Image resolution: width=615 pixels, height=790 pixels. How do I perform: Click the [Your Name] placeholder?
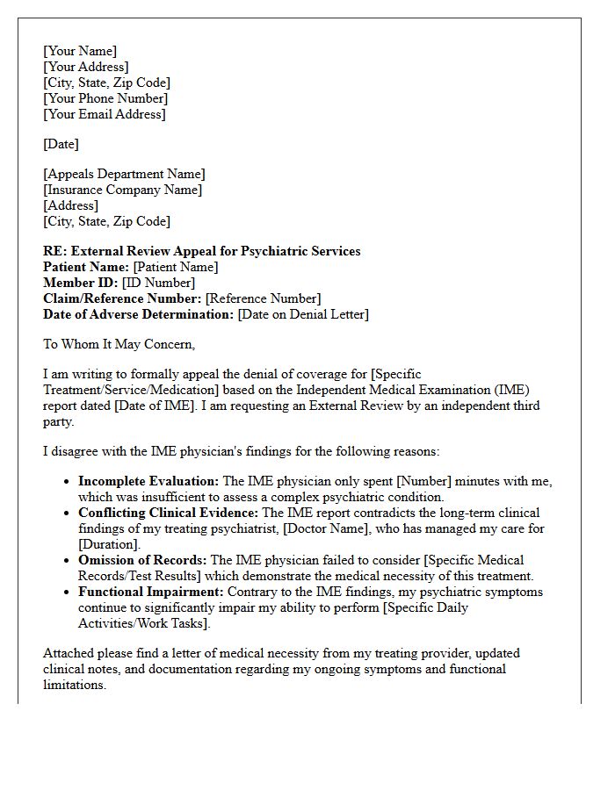click(x=80, y=51)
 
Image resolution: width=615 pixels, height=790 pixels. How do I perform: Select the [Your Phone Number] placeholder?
click(x=105, y=98)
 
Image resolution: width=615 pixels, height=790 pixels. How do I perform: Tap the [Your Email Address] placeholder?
click(x=105, y=114)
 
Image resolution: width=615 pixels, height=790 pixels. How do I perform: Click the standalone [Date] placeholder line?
click(x=61, y=144)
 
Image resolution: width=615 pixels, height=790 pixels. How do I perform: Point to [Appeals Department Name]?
click(x=124, y=174)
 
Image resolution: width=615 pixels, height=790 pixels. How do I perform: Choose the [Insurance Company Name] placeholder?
click(x=122, y=190)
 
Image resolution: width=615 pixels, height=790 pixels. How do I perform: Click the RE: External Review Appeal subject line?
click(x=202, y=251)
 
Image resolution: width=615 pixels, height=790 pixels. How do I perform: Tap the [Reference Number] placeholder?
click(x=263, y=298)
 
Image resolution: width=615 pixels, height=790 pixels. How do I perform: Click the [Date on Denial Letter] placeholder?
click(x=303, y=314)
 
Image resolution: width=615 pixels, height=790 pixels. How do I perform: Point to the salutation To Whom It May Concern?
click(x=119, y=344)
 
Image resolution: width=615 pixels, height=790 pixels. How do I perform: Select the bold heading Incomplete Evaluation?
click(x=148, y=481)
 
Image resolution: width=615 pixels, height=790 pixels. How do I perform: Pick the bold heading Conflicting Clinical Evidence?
click(x=169, y=513)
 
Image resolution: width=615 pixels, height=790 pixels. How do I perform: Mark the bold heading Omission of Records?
click(x=142, y=560)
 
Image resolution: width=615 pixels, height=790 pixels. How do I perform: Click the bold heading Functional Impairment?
click(x=151, y=592)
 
